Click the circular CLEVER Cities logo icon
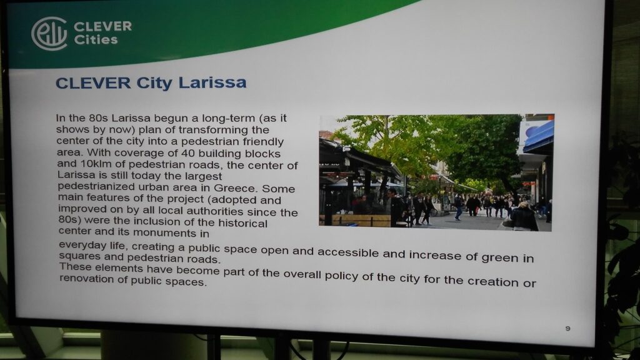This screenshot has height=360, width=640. click(x=49, y=34)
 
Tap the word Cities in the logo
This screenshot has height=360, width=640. click(x=96, y=39)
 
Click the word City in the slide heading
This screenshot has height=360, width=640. click(x=154, y=83)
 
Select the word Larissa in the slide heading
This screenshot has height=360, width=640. click(x=212, y=82)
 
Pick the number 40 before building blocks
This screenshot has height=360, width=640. click(x=188, y=154)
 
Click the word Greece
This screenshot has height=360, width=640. click(x=235, y=189)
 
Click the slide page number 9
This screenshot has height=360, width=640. click(x=567, y=329)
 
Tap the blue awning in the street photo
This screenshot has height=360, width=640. click(x=538, y=137)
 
